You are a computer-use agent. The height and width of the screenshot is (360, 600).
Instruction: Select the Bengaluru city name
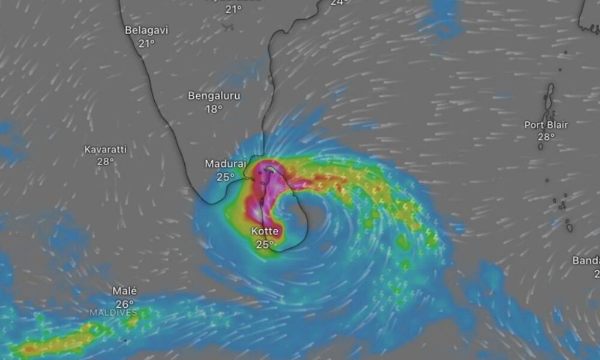coord(214,95)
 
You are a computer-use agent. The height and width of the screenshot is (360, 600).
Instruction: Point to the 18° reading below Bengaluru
coord(214,109)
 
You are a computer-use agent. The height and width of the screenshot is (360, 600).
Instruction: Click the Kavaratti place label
coord(105,148)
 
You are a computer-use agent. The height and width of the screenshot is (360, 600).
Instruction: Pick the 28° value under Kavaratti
coord(105,161)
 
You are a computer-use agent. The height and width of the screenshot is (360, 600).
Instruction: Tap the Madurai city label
coord(226,163)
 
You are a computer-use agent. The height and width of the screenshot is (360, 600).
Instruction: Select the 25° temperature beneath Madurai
coord(226,176)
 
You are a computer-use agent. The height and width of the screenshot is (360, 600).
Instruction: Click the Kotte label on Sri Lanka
coord(265,231)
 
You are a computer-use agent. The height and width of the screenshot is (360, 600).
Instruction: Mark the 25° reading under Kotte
coord(265,244)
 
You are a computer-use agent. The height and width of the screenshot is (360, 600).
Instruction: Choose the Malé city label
coord(125,290)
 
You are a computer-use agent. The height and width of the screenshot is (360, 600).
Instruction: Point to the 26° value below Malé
coord(125,304)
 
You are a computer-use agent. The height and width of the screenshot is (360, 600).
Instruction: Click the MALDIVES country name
coord(113,313)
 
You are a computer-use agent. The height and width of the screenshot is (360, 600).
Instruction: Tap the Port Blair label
coord(546,125)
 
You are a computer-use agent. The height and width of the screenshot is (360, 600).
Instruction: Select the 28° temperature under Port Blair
coord(546,137)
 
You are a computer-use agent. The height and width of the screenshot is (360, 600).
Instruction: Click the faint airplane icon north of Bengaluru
coord(227,26)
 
